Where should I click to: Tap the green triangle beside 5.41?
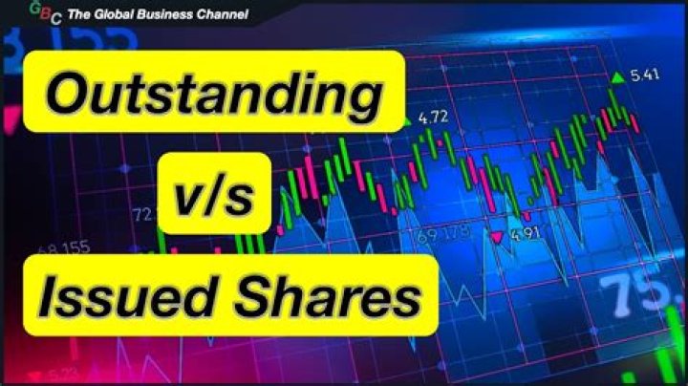pos(618,76)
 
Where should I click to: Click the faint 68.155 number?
pos(63,249)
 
